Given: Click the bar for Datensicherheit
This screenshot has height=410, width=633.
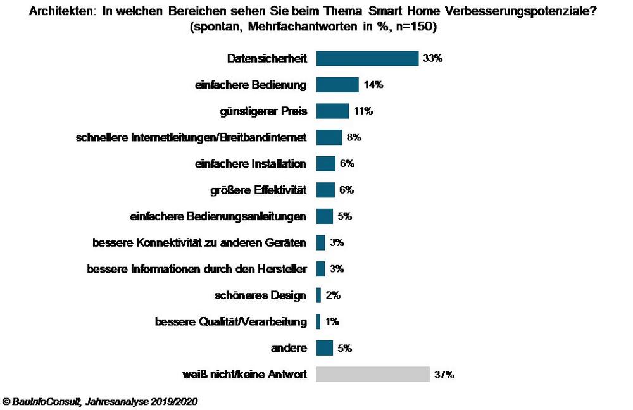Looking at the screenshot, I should pyautogui.click(x=367, y=58).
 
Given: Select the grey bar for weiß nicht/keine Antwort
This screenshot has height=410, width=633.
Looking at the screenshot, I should pyautogui.click(x=373, y=375).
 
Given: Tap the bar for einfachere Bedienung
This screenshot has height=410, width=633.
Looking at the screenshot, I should pyautogui.click(x=337, y=85).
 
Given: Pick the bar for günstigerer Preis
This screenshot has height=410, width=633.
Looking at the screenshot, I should pyautogui.click(x=332, y=111).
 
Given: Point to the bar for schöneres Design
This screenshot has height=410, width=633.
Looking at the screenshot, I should pyautogui.click(x=319, y=295).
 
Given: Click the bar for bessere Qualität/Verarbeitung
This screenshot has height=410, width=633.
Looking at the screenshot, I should pyautogui.click(x=318, y=322).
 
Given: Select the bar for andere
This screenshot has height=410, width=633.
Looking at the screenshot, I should pyautogui.click(x=325, y=348).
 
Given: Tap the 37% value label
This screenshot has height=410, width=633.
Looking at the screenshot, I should pyautogui.click(x=444, y=375).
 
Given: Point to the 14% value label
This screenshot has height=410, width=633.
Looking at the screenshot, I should pyautogui.click(x=373, y=85).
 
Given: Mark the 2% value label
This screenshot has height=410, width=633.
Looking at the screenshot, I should pyautogui.click(x=333, y=295).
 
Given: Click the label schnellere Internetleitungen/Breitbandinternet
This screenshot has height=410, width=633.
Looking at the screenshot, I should pyautogui.click(x=191, y=137).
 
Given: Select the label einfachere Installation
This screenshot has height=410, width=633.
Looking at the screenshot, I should pyautogui.click(x=251, y=164).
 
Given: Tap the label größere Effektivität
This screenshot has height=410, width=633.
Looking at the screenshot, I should pyautogui.click(x=258, y=190).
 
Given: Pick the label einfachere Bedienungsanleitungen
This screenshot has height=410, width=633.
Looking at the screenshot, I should pyautogui.click(x=218, y=216).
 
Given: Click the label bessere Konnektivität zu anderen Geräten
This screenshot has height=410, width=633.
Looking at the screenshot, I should pyautogui.click(x=200, y=243).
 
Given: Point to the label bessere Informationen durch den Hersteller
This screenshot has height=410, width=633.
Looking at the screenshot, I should pyautogui.click(x=197, y=269).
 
